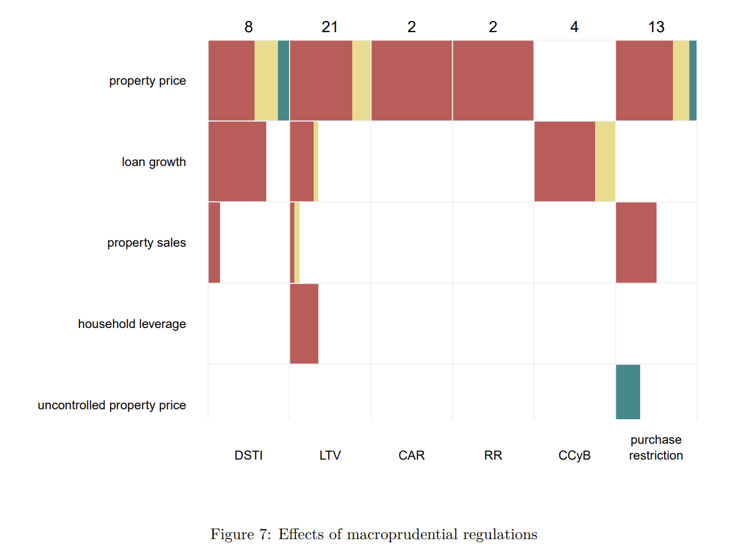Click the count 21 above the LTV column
329,27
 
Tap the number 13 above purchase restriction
656,27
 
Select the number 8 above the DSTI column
249,27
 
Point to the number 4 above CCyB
574,27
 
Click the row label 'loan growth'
153,162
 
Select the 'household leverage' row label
132,324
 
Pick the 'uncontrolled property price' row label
112,405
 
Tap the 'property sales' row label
146,243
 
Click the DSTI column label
249,456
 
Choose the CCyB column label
574,456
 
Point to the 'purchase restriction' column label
656,448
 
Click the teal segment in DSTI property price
283,80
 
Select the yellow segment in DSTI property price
266,80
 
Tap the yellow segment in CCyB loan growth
605,161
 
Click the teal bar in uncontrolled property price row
628,392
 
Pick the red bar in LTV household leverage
304,323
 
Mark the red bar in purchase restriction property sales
636,243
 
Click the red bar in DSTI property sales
214,243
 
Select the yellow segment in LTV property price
361,80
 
